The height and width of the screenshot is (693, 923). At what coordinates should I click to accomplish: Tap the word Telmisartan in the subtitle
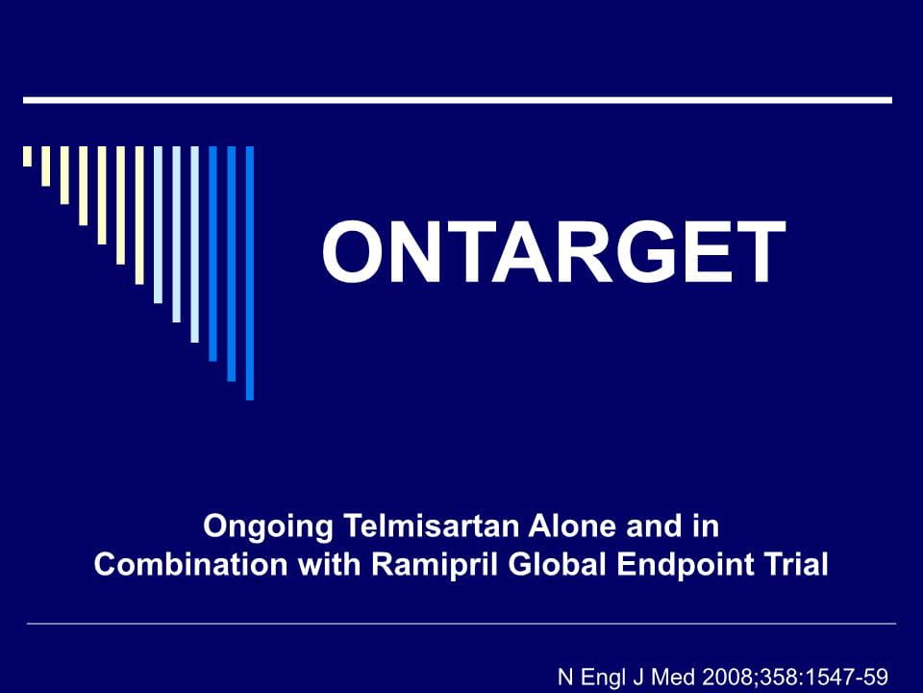(x=432, y=526)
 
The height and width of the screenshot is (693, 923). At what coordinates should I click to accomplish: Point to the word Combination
(x=190, y=565)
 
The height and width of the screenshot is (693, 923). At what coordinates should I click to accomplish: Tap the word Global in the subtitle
(x=557, y=565)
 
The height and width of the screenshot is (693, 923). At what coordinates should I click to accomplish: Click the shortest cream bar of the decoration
(x=27, y=156)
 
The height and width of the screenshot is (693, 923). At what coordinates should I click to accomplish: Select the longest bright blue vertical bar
(x=250, y=272)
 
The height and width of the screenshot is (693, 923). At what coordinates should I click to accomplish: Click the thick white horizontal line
(x=458, y=100)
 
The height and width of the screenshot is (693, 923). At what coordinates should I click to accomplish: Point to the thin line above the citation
(x=461, y=623)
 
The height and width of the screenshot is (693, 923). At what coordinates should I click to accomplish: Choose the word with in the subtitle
(x=330, y=565)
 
